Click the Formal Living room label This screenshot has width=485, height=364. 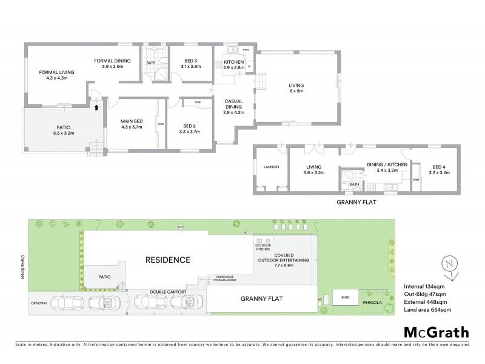56,72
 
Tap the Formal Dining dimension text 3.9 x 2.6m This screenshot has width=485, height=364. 110,67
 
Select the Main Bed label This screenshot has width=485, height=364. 130,120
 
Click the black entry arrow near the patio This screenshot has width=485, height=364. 95,107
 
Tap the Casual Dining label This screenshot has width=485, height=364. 233,101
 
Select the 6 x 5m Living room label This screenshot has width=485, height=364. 296,86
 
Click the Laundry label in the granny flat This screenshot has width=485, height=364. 270,167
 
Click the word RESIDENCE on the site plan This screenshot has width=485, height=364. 167,259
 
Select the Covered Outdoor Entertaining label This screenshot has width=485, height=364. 284,258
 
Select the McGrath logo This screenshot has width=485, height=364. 436,332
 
